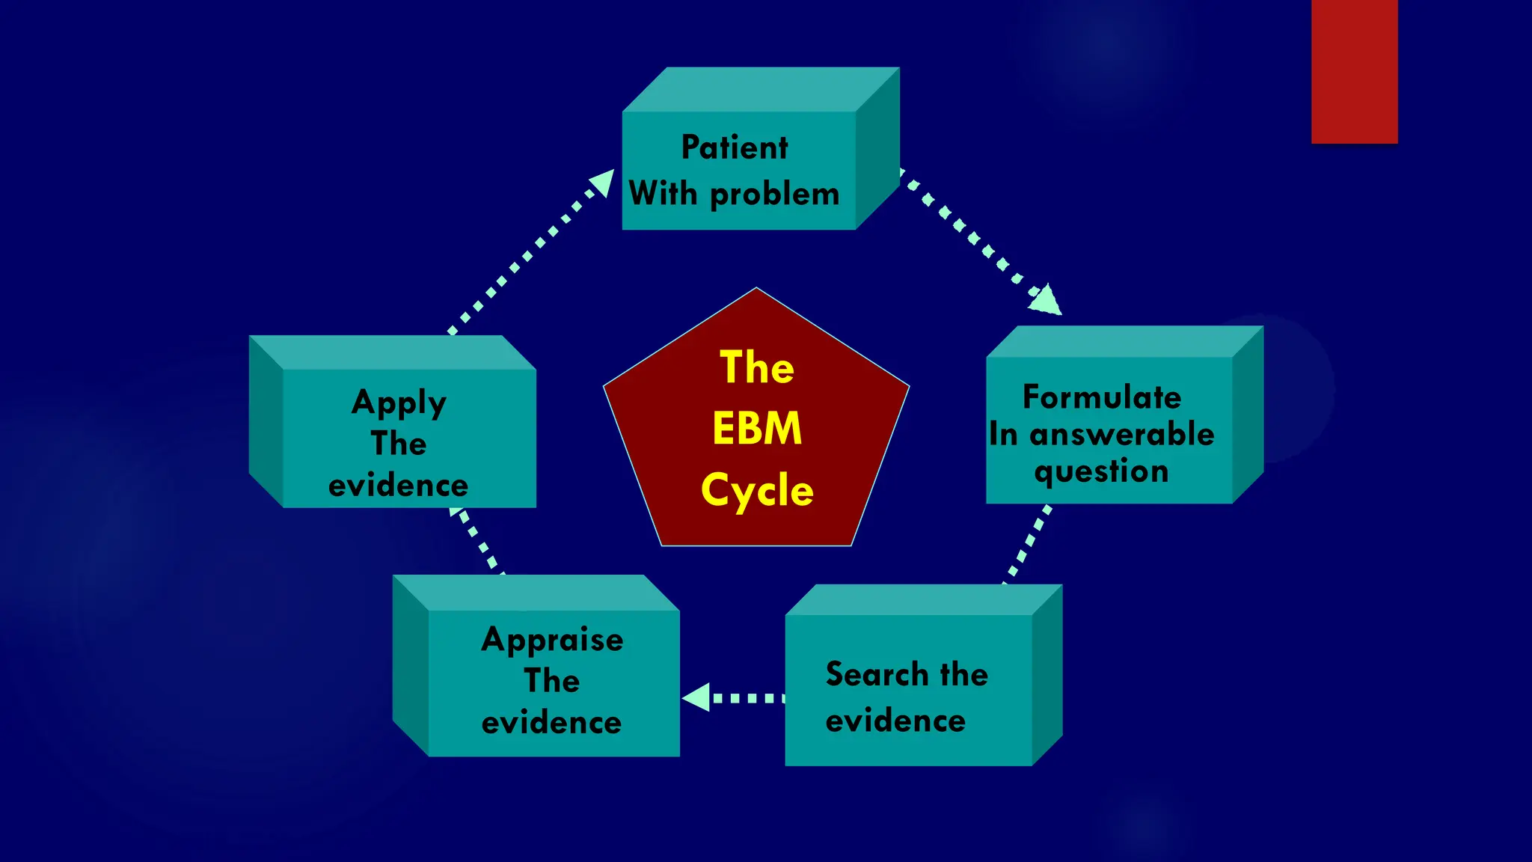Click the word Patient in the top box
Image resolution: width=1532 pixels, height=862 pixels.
click(x=734, y=147)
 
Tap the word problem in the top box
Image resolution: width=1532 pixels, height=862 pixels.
click(x=774, y=195)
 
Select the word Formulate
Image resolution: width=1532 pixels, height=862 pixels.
click(x=1101, y=397)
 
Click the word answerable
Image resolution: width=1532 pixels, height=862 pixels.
click(x=1121, y=434)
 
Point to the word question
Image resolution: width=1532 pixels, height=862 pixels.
click(x=1101, y=471)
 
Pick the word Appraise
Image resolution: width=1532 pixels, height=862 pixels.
click(x=552, y=640)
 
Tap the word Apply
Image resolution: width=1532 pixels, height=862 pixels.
click(x=399, y=403)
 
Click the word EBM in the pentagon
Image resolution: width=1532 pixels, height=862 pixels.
click(x=756, y=429)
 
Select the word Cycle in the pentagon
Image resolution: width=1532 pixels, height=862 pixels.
click(x=756, y=491)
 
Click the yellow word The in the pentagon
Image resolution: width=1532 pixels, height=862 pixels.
click(x=756, y=367)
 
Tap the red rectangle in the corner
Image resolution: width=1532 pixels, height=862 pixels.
click(x=1354, y=71)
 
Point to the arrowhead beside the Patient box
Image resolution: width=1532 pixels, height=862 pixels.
click(x=602, y=183)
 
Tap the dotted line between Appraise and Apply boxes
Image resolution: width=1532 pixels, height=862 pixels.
click(x=477, y=541)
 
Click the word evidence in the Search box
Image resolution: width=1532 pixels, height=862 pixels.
click(x=895, y=721)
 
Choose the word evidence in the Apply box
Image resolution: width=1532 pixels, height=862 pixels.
click(x=398, y=486)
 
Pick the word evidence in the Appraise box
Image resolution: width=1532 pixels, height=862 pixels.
click(x=551, y=723)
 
